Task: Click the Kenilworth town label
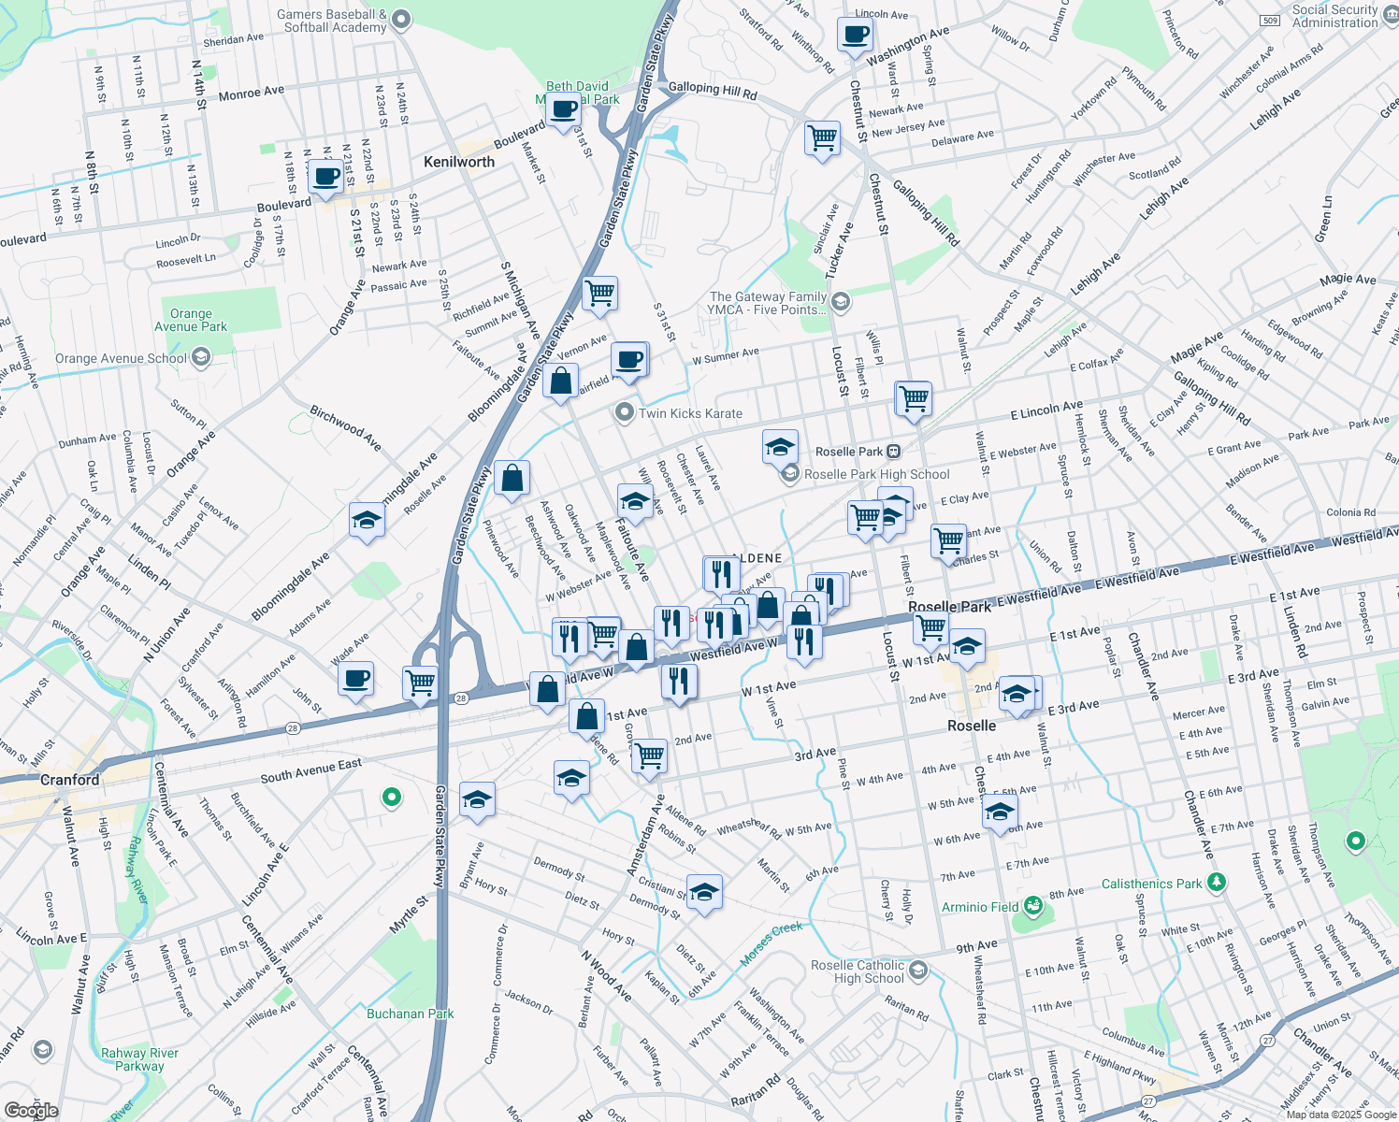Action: [x=458, y=162]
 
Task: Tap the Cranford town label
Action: [x=69, y=780]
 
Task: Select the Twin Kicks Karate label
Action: [x=690, y=413]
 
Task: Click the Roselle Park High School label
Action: [x=876, y=474]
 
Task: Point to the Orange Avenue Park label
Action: [x=191, y=320]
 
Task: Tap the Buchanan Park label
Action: [x=410, y=1014]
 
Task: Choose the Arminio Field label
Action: [x=979, y=907]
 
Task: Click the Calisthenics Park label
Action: [x=1151, y=884]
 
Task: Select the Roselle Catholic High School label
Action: [x=858, y=971]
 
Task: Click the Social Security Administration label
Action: [x=1334, y=16]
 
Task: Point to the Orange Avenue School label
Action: [x=122, y=358]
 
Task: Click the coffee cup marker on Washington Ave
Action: [x=855, y=36]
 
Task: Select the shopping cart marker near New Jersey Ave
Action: [x=822, y=137]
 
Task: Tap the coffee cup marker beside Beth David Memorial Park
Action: [x=564, y=110]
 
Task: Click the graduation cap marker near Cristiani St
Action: [x=704, y=890]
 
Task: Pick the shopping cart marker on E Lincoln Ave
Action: [x=914, y=397]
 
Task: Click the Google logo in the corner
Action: [x=31, y=1111]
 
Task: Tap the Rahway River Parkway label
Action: [x=139, y=1059]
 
